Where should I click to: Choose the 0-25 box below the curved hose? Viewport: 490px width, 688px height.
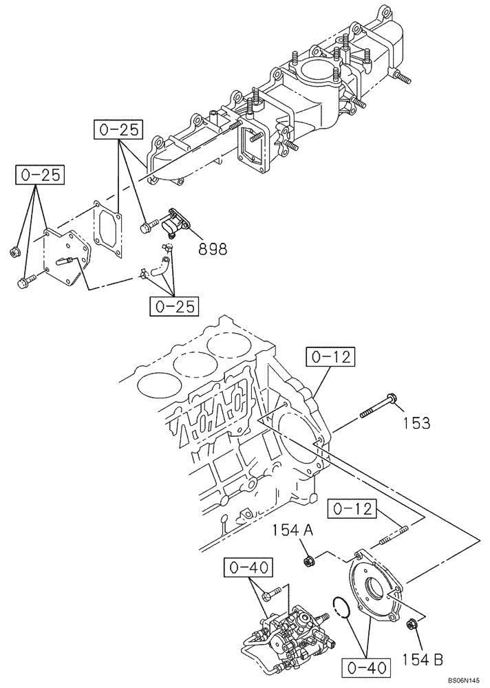click(x=173, y=305)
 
